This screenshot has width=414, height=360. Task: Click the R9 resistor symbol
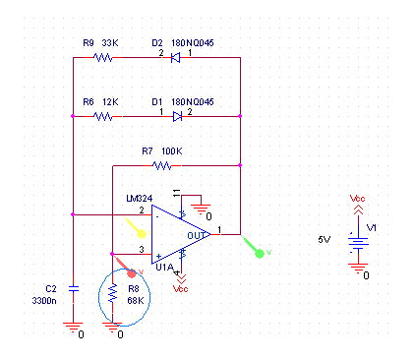[x=103, y=58]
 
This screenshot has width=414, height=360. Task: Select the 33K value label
[x=110, y=43]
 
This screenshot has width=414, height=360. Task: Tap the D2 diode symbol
[x=176, y=58]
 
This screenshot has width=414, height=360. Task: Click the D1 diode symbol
[x=177, y=116]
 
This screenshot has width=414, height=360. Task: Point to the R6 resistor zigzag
[x=103, y=116]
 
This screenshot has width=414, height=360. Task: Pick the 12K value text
[x=110, y=102]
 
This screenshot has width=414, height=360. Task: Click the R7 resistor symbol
[x=162, y=165]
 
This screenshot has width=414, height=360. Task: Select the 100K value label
[x=172, y=151]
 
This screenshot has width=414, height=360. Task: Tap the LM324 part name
[x=140, y=199]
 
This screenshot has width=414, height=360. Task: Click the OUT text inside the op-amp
[x=196, y=235]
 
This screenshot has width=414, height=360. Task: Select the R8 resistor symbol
[x=112, y=293]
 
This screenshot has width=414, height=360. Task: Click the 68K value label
[x=136, y=300]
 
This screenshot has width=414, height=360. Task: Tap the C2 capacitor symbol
[x=73, y=289]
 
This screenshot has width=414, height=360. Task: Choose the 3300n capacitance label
[x=44, y=300]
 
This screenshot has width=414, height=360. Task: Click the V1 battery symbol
[x=358, y=243]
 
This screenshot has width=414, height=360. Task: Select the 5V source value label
[x=325, y=240]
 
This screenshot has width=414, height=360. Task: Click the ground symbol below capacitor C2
[x=73, y=327]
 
